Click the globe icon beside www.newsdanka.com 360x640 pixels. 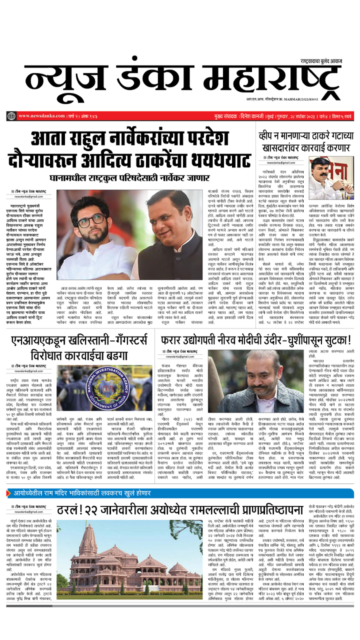point(11,116)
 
